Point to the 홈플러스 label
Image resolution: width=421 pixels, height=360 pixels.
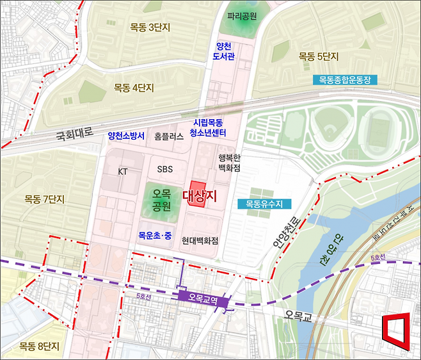169,136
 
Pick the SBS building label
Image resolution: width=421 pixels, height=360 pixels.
166,169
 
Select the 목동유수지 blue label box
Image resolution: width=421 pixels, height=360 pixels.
264,204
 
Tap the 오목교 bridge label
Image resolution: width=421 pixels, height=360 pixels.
298,315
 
